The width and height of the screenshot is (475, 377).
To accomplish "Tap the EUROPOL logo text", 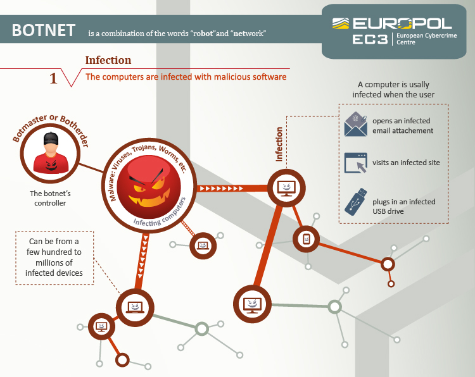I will tap(402, 24).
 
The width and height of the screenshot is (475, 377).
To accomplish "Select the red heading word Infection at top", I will tap(108, 60).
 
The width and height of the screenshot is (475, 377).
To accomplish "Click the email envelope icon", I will tap(355, 125).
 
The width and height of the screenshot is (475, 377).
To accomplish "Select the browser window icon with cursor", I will tap(355, 163).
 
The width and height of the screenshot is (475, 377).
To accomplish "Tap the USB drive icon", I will tap(355, 201).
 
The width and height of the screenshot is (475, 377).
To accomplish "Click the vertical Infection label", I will tap(279, 144).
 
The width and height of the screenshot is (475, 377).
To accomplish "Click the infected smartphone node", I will tap(306, 238).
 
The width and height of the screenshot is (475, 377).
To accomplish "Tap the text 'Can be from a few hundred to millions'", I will tap(54, 257).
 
